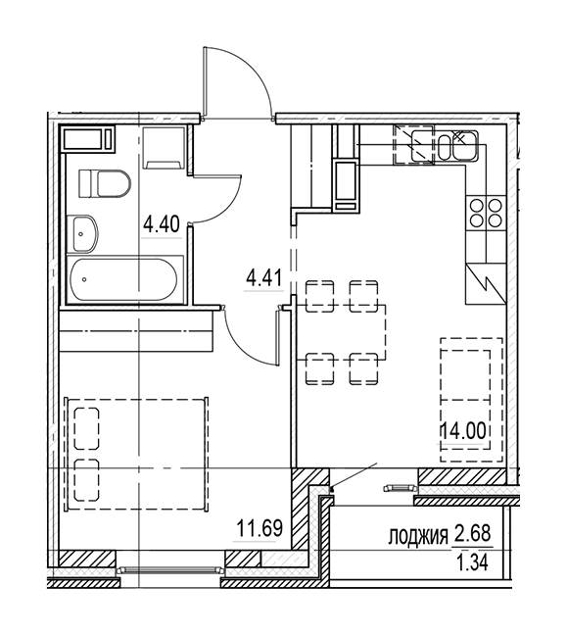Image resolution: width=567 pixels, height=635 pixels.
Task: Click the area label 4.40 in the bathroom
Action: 161,224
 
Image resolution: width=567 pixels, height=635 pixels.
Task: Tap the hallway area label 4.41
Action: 263,278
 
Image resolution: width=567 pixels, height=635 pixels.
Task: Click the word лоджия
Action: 417,535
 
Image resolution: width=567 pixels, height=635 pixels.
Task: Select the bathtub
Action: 123,279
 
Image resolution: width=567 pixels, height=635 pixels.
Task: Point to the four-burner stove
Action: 486,213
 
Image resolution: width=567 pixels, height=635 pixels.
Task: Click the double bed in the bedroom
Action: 137,454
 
